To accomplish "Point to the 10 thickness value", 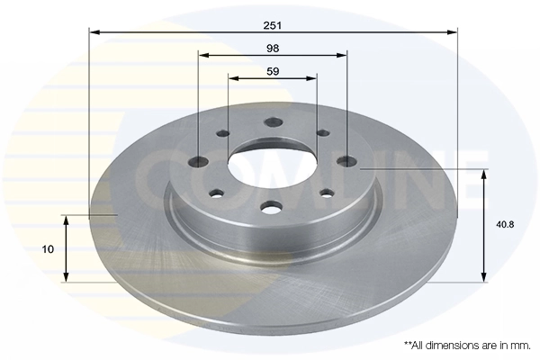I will pos(49,249).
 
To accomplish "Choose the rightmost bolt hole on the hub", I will pos(346,161).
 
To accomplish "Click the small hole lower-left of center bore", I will pos(216,192).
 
